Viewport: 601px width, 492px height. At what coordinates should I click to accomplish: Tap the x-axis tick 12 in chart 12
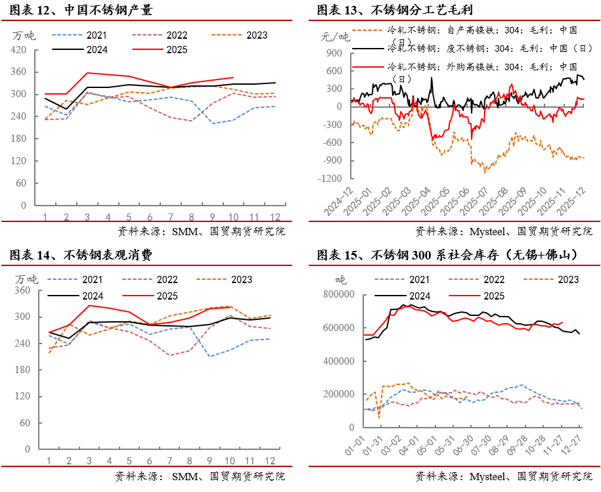click(x=275, y=217)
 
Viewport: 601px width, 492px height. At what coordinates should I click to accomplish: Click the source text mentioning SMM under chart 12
click(x=201, y=231)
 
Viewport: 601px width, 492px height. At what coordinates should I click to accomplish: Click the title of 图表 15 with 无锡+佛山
click(x=447, y=255)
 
